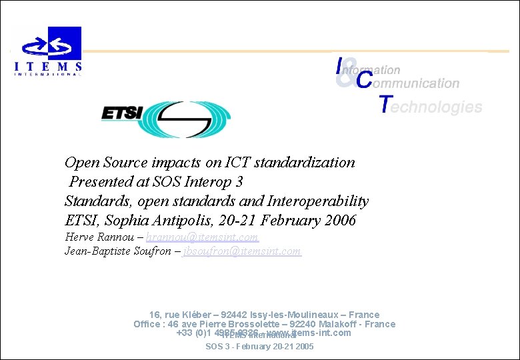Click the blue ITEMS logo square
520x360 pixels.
(65, 43)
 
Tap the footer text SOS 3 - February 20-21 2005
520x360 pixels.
(259, 347)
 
